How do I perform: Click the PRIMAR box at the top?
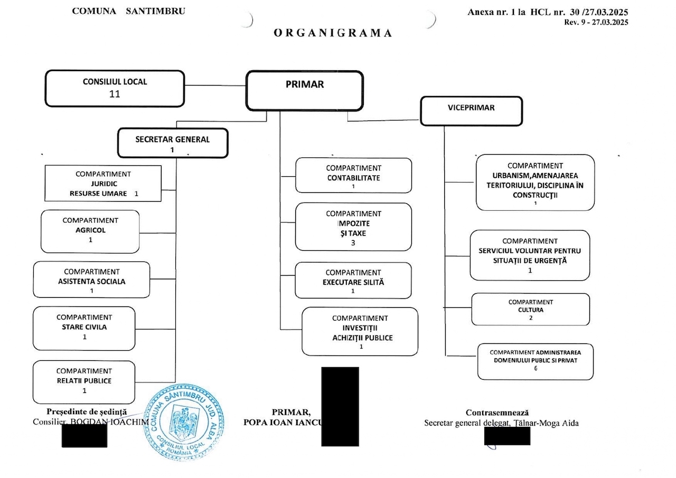pos(305,91)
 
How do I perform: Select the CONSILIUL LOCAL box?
pos(115,88)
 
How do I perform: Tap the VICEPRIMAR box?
pos(471,110)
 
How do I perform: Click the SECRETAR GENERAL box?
pos(173,143)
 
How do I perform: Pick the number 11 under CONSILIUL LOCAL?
pos(115,95)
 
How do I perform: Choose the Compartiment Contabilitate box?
pos(353,175)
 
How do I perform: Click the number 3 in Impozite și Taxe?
pos(353,243)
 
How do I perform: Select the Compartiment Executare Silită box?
pos(353,280)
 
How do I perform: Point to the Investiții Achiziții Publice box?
pos(360,331)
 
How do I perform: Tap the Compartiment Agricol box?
pos(90,231)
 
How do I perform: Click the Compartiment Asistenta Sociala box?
pos(92,279)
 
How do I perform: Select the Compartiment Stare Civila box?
pos(84,328)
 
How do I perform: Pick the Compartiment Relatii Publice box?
pos(84,381)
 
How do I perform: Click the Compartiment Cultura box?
pos(530,310)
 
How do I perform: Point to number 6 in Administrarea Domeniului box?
pos(535,368)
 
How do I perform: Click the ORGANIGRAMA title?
pos(333,33)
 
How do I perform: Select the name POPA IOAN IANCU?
pos(281,423)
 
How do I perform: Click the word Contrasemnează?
pos(497,413)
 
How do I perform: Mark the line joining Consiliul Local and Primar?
pos(215,86)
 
